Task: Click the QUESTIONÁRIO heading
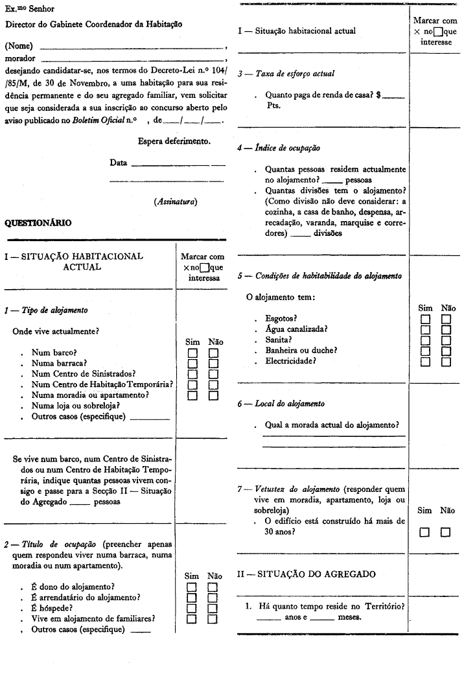coord(38,223)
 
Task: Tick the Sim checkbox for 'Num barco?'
coord(192,353)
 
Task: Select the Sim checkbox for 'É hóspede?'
coord(192,608)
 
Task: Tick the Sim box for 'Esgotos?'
coord(426,320)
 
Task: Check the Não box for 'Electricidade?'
coord(446,362)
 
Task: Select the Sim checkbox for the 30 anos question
coord(426,532)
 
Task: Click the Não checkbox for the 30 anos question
coord(446,532)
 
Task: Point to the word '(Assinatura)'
coord(176,202)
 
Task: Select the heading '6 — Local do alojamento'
coord(281,404)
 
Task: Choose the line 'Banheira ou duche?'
coord(301,351)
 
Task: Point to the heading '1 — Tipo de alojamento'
coord(46,310)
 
